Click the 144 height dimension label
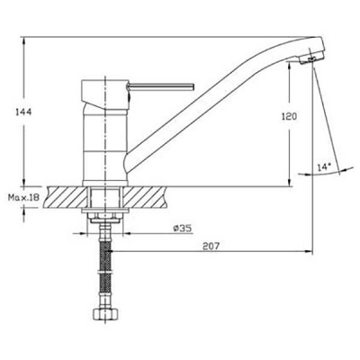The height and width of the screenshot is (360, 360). coord(23,112)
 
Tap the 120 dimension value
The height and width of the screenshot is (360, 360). coord(289,116)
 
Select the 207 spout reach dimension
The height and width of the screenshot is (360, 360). coord(211,247)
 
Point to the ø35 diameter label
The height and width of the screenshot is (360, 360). coord(183,229)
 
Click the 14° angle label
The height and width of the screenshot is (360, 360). coord(324,167)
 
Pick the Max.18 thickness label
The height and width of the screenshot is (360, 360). coord(23,197)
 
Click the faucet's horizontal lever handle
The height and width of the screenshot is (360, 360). coord(160,86)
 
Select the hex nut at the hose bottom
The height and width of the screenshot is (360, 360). coord(104,314)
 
